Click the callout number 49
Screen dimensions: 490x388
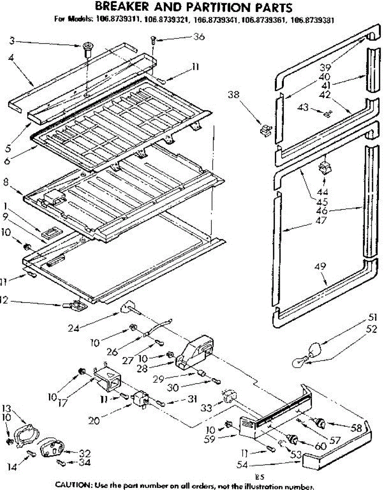click(x=320, y=267)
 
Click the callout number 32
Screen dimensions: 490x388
click(x=85, y=453)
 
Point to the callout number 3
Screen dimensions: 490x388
click(x=13, y=40)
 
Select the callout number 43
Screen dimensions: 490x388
click(x=303, y=108)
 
